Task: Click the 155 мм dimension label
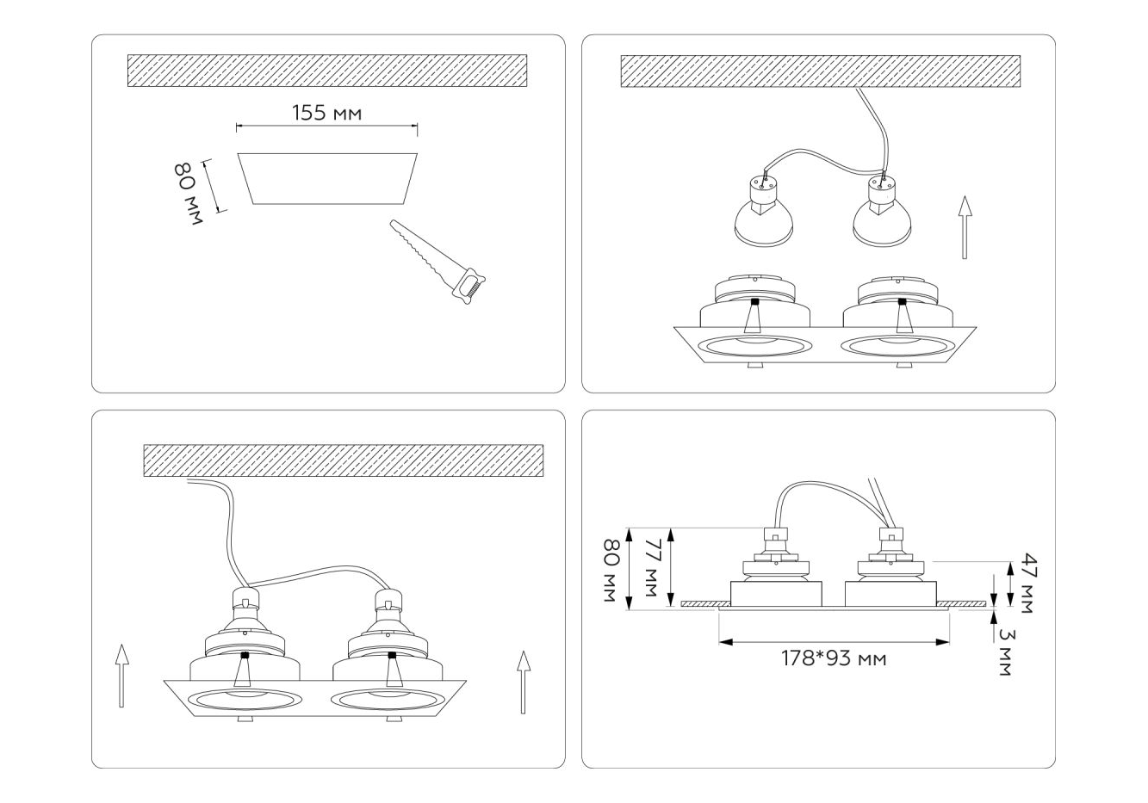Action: pyautogui.click(x=327, y=114)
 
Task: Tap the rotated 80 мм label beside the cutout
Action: pyautogui.click(x=188, y=193)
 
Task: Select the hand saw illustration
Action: pyautogui.click(x=437, y=263)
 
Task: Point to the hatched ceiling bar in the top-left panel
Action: pyautogui.click(x=327, y=71)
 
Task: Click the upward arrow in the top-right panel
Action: pyautogui.click(x=965, y=227)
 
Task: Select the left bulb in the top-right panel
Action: pyautogui.click(x=764, y=211)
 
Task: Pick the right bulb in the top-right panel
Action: pyautogui.click(x=882, y=211)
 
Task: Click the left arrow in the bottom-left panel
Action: pyautogui.click(x=121, y=676)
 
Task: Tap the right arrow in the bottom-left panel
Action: pyautogui.click(x=524, y=682)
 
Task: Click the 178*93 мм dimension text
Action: pyautogui.click(x=834, y=658)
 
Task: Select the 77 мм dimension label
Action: pyautogui.click(x=651, y=567)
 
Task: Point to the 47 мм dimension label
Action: pyautogui.click(x=1027, y=583)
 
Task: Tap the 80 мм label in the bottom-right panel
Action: pyautogui.click(x=611, y=571)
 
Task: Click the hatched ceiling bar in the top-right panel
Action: pyautogui.click(x=821, y=71)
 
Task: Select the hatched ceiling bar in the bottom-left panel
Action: pyautogui.click(x=344, y=460)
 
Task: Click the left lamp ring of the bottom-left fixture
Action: pyautogui.click(x=244, y=701)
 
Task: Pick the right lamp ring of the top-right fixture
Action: pyautogui.click(x=898, y=347)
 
